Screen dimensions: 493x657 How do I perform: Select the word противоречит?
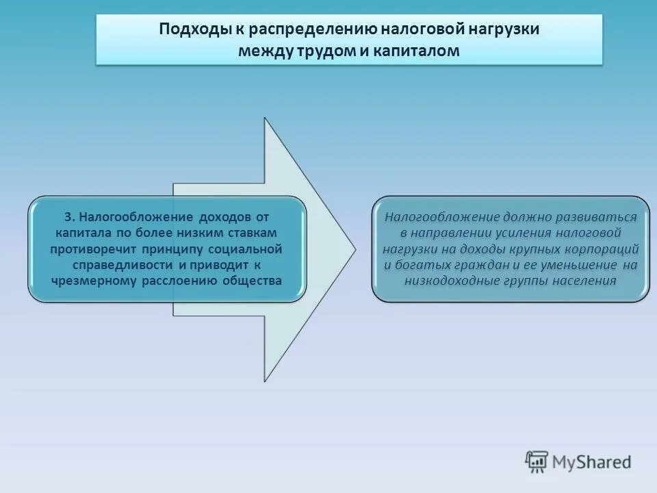click(91, 249)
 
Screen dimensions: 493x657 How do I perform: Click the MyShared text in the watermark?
click(593, 462)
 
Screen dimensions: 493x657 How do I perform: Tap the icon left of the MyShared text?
click(537, 462)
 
